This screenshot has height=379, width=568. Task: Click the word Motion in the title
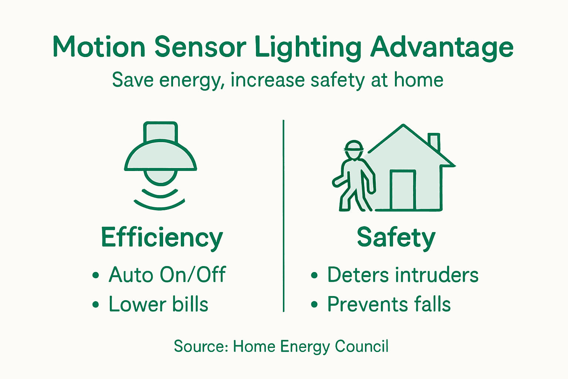pos(99,47)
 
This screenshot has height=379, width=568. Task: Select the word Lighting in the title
pos(308,47)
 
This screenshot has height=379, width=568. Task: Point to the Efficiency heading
pos(162,237)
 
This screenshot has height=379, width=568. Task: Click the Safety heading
pos(396,237)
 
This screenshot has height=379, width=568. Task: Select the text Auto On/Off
pos(167,275)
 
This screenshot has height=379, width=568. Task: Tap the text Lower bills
pos(158,304)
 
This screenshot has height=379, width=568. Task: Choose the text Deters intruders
pos(403,275)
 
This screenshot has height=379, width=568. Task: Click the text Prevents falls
pos(389,304)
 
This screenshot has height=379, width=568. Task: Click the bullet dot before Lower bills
pos(96,305)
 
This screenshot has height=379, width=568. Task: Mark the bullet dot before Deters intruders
pos(314,275)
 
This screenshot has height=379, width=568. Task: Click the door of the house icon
pos(403,189)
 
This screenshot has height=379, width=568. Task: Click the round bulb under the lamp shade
pos(160,177)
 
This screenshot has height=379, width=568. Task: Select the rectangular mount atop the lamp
pos(160,131)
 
